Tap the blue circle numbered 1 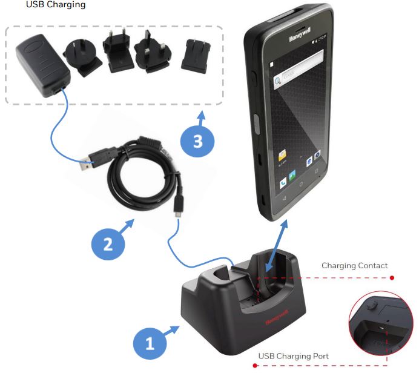[x=149, y=343]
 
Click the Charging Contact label [x=354, y=265]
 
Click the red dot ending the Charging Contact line [x=392, y=279]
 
